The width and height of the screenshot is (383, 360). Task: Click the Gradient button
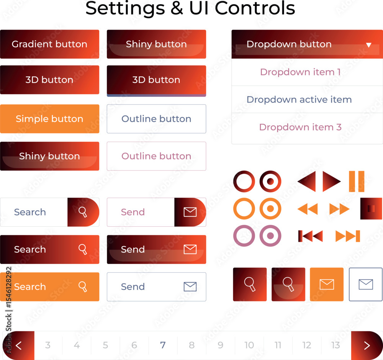coord(49,44)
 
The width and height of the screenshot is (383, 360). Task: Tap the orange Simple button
coord(49,119)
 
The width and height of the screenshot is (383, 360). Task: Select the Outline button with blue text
coord(156,119)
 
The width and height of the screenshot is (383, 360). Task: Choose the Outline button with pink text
coord(156,156)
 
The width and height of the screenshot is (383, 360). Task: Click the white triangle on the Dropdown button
coord(368,45)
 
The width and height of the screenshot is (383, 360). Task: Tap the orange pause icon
coord(357,182)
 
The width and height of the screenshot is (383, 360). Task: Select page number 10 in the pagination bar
coord(249,345)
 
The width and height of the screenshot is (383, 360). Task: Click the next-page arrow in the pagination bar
coord(367,345)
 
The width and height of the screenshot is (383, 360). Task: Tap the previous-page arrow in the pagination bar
coord(18,345)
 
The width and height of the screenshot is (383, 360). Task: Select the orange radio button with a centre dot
coord(270,209)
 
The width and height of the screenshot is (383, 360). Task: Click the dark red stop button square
coord(371,209)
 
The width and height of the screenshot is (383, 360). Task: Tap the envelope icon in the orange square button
coord(327,284)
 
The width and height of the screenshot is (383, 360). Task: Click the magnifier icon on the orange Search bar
coord(83,286)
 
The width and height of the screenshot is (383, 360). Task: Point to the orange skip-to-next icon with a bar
coord(348,236)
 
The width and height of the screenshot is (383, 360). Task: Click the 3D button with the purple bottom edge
coord(156,81)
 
